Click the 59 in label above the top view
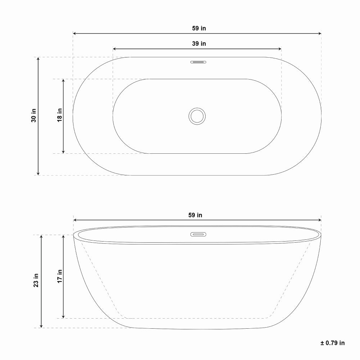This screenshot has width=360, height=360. click(199, 28)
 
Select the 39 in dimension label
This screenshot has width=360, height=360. click(199, 44)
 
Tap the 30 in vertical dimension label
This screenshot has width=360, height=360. click(34, 116)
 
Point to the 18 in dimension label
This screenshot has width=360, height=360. click(60, 115)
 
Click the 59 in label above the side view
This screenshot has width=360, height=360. click(195, 215)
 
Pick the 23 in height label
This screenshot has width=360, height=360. click(36, 280)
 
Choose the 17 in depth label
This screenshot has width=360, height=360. click(60, 276)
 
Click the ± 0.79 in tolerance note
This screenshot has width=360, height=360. click(332, 343)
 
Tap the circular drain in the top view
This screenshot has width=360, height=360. click(197, 116)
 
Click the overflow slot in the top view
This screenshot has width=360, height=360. click(198, 62)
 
